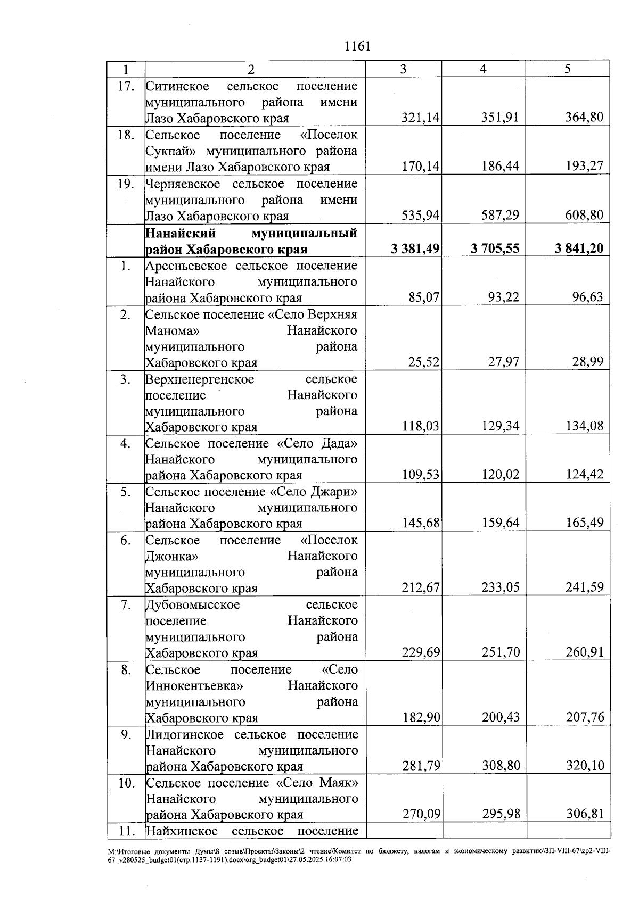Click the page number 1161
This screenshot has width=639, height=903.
[357, 46]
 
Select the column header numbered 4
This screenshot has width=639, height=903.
[483, 69]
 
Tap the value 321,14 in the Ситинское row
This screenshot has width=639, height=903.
[421, 118]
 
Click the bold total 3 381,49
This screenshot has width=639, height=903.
[415, 248]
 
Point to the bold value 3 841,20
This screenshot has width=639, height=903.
[579, 248]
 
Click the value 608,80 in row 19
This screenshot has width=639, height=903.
[585, 216]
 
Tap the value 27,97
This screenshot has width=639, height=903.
[504, 362]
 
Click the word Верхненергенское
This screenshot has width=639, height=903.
[200, 379]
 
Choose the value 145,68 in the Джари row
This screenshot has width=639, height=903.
[421, 523]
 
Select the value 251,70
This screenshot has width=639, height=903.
[501, 652]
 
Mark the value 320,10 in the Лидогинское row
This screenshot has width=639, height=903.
[585, 766]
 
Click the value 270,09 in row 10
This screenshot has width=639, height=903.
[421, 814]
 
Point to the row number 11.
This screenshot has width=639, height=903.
[126, 831]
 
